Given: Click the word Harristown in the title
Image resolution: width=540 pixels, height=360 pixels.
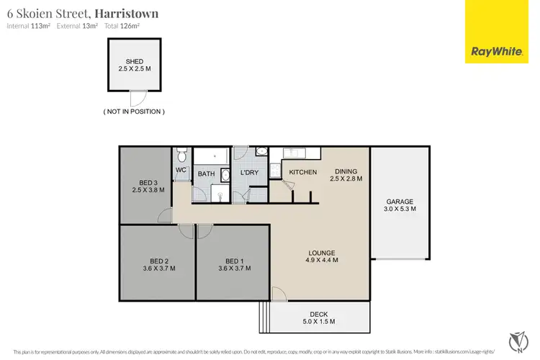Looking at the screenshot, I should [x=126, y=14].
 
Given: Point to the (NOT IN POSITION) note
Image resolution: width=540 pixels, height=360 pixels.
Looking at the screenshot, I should [x=134, y=112].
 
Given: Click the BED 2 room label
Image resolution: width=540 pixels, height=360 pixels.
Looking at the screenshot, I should [x=159, y=264].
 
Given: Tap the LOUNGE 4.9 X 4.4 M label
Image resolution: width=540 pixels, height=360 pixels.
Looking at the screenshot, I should [x=322, y=256].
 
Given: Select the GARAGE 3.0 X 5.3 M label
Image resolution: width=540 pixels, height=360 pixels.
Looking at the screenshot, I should [x=400, y=204].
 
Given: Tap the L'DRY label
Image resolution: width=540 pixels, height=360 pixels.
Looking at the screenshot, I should [x=250, y=173].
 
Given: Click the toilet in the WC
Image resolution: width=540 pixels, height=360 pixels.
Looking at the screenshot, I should [x=181, y=156].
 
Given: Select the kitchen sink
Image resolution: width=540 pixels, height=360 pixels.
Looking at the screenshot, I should [x=294, y=153].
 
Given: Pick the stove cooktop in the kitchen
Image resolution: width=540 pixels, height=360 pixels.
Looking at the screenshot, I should [x=274, y=170].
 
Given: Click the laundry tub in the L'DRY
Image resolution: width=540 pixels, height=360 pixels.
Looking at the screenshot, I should [x=261, y=152].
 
